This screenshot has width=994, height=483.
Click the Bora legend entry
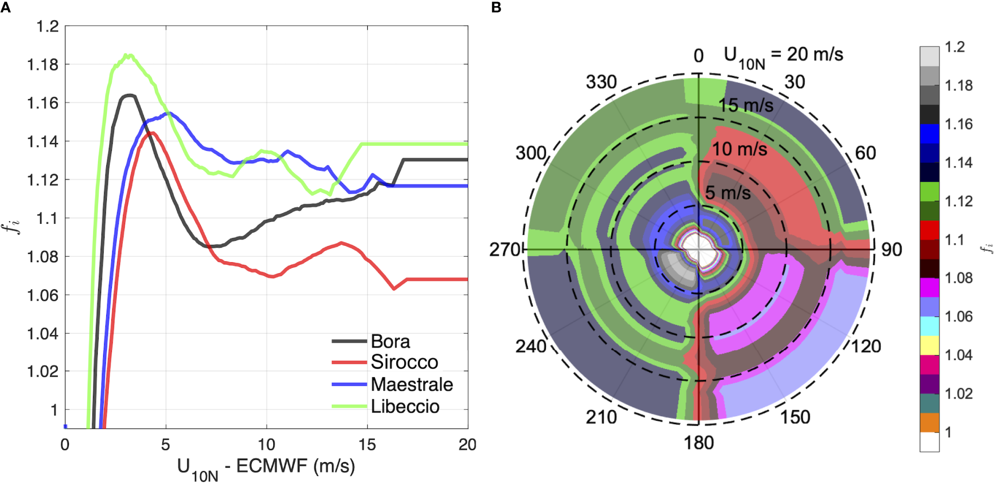click(391, 341)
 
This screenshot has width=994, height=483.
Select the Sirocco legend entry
click(404, 362)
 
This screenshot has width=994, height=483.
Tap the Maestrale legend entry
click(412, 384)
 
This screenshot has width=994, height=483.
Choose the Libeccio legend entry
click(405, 406)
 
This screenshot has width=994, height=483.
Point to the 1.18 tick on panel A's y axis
click(43, 65)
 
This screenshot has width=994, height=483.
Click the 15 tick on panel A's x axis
click(367, 445)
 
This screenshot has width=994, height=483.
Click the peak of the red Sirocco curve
click(153, 133)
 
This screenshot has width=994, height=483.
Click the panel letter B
click(496, 7)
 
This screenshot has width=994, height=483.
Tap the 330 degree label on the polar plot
click(601, 82)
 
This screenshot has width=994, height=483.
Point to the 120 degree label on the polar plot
click(866, 347)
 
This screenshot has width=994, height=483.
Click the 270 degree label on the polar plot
click(504, 250)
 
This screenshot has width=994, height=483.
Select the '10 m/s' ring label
click(739, 149)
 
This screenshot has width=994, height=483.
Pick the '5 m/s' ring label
click(728, 193)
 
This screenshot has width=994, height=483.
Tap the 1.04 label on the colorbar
click(958, 355)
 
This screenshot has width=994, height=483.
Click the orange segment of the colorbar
click(929, 423)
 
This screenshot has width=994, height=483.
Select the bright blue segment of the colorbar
click(929, 133)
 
